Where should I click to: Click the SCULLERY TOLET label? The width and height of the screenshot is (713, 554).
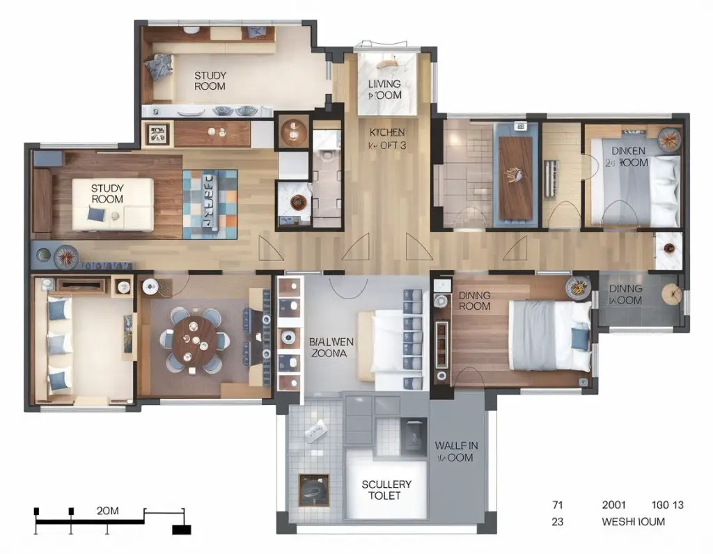pyautogui.click(x=386, y=489)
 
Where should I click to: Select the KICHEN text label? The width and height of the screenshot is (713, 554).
pyautogui.click(x=386, y=138)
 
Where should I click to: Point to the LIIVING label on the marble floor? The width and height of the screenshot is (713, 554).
pyautogui.click(x=384, y=89)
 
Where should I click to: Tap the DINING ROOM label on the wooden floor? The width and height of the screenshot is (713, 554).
pyautogui.click(x=474, y=301)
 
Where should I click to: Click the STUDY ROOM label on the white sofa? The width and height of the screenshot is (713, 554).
pyautogui.click(x=107, y=193)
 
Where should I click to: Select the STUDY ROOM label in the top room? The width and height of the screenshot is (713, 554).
pyautogui.click(x=210, y=81)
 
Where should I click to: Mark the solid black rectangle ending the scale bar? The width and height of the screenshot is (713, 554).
pyautogui.click(x=181, y=530)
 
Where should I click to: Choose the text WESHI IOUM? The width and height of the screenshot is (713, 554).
pyautogui.click(x=633, y=521)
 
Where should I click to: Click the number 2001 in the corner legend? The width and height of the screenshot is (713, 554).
pyautogui.click(x=615, y=505)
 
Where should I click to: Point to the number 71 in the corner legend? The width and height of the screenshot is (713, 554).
pyautogui.click(x=556, y=505)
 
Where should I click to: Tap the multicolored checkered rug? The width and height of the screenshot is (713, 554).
pyautogui.click(x=210, y=200)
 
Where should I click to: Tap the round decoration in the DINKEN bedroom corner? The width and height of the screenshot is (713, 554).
pyautogui.click(x=668, y=139)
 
